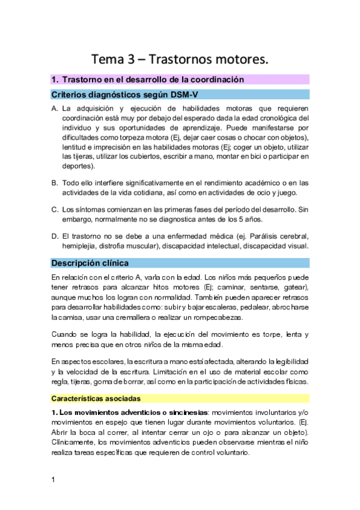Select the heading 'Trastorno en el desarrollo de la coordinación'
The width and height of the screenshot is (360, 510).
(153, 79)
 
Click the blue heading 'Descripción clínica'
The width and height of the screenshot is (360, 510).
(90, 263)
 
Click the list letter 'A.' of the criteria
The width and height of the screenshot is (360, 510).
(55, 109)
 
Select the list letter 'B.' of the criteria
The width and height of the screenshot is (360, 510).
(55, 183)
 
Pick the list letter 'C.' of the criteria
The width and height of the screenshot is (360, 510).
(55, 209)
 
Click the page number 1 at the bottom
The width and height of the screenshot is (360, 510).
(53, 479)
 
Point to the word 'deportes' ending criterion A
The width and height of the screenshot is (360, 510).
(77, 165)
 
